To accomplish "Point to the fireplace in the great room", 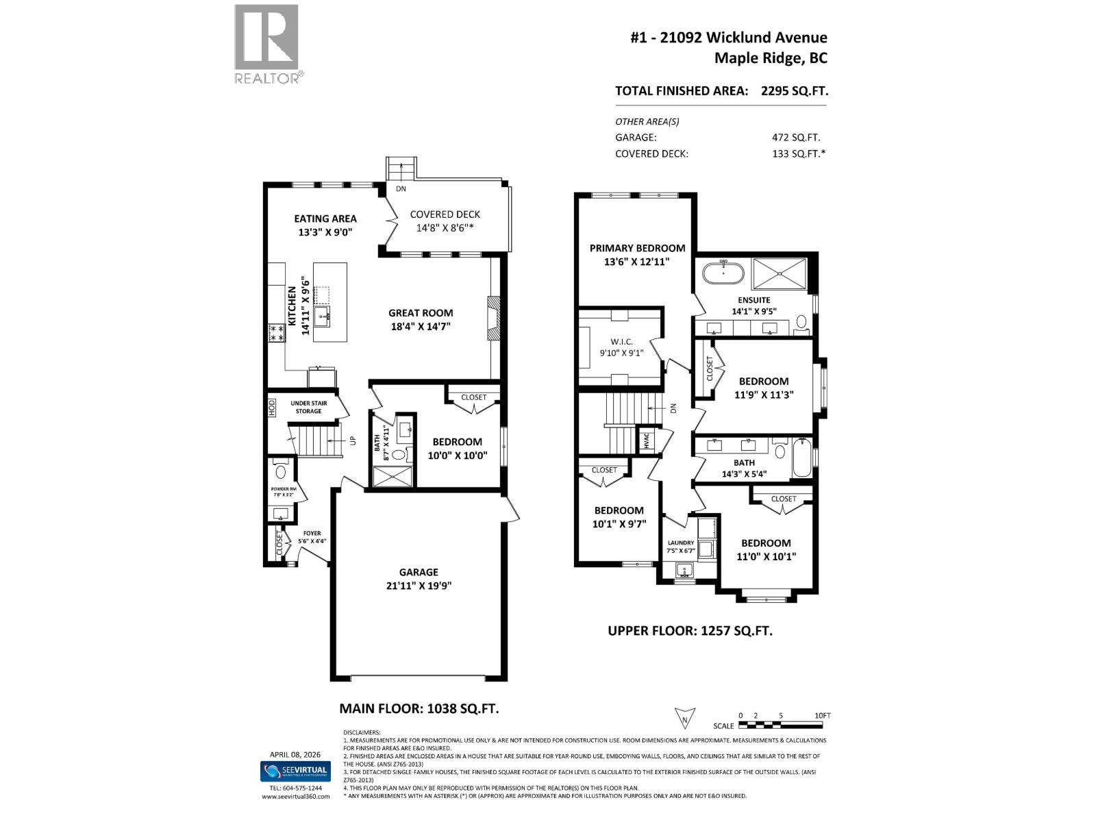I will pos(494,318).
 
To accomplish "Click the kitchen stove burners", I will pos(277,333).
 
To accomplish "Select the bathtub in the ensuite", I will pos(723,273).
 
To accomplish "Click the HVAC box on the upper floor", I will pos(647,440).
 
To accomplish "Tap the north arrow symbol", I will pos(684,717).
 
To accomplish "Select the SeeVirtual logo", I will pos(295,771).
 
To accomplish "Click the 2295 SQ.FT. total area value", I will pos(795,90).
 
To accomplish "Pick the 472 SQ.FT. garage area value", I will pos(796,137).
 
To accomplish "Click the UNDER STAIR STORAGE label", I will pos(308,407).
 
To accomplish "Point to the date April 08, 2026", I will pos(295,754).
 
